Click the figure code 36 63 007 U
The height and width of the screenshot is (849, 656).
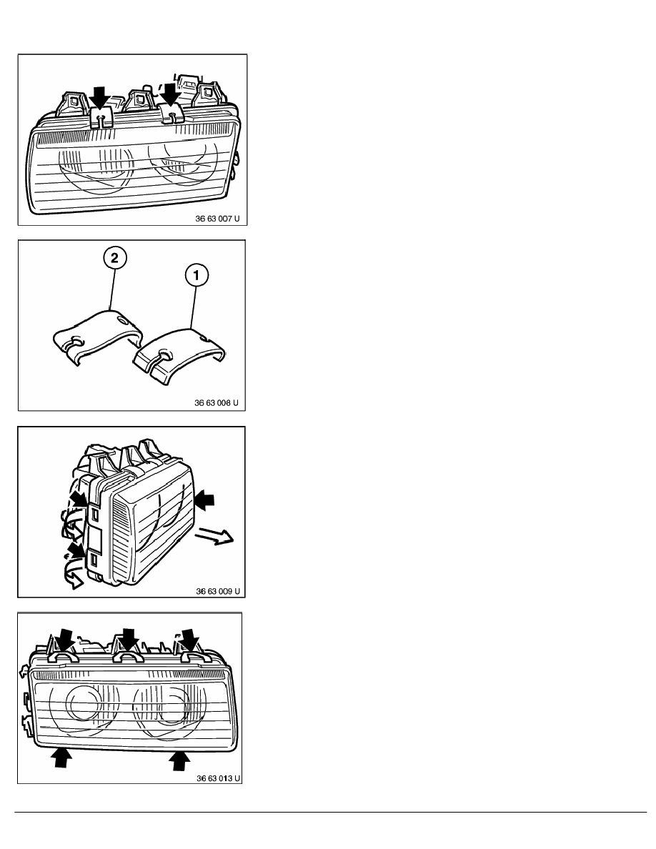pos(217,219)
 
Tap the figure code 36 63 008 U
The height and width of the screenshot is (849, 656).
pos(217,403)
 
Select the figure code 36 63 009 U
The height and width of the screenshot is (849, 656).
pos(217,591)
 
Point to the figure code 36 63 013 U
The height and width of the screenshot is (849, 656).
pos(218,778)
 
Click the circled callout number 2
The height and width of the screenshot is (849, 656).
pos(114,258)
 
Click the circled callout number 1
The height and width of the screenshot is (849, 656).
pos(196,276)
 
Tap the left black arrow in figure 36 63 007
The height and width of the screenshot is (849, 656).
pos(99,98)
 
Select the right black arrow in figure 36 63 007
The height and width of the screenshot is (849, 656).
pos(171,94)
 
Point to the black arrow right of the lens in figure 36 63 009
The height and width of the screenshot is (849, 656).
pos(205,500)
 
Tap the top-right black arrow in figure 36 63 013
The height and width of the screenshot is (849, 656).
pos(190,640)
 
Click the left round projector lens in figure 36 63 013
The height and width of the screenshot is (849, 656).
pos(84,702)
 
